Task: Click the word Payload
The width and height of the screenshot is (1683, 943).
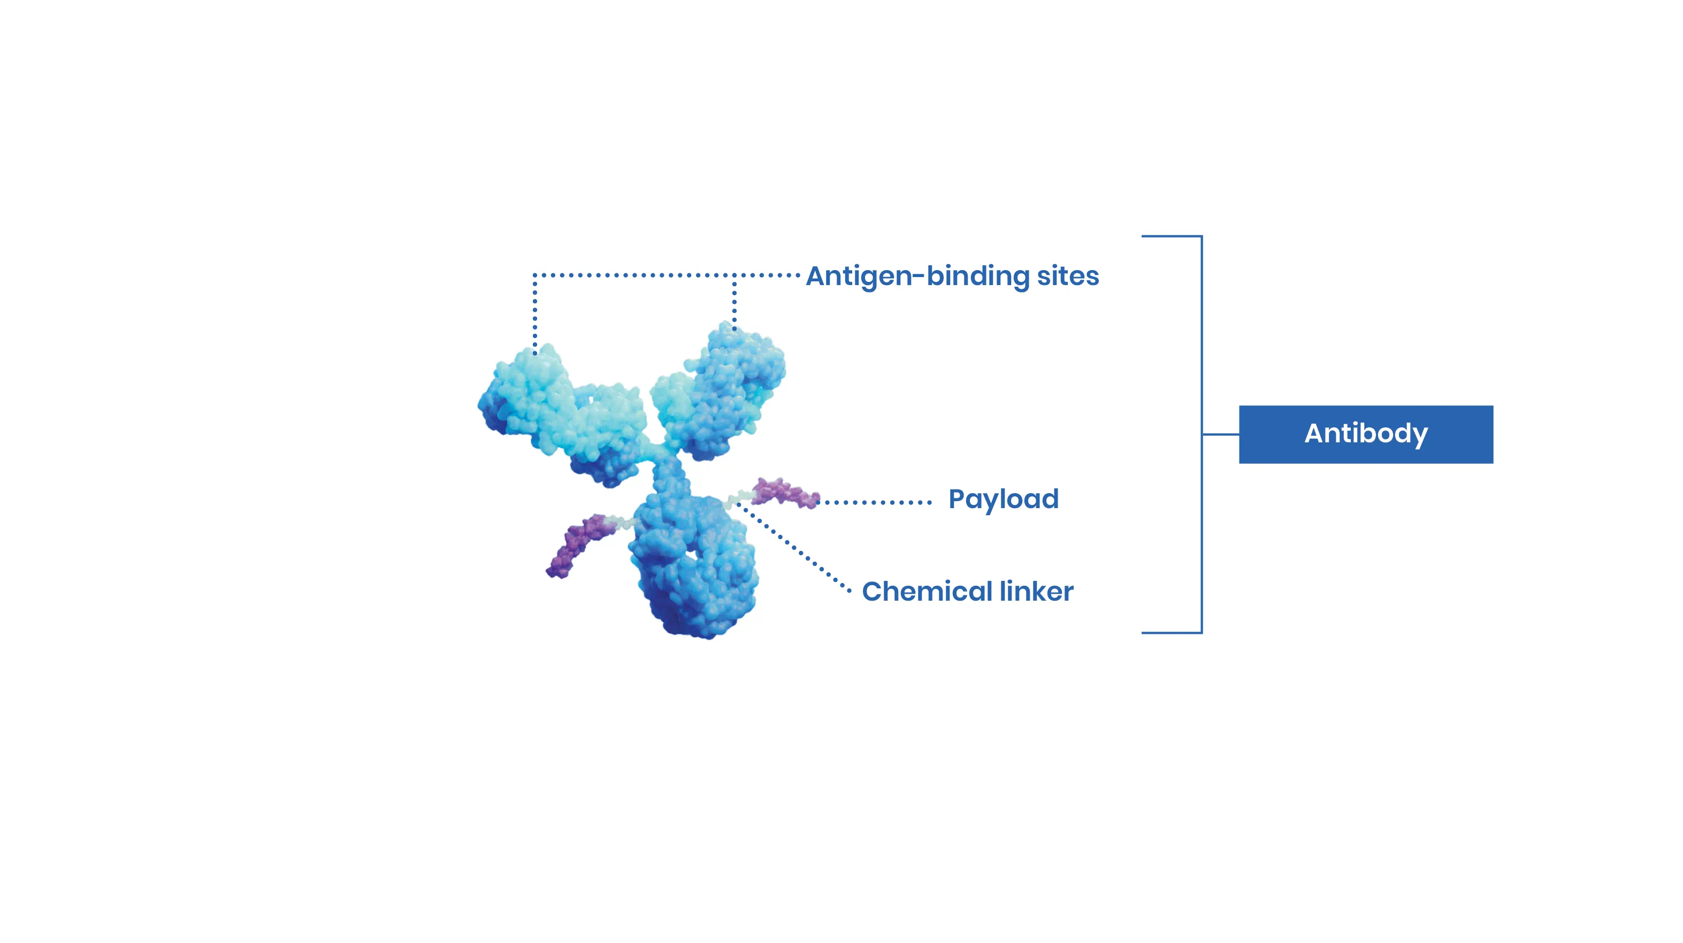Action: pyautogui.click(x=1004, y=500)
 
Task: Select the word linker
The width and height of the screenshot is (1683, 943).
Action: pyautogui.click(x=1037, y=592)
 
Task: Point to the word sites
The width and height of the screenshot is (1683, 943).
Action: pyautogui.click(x=1068, y=276)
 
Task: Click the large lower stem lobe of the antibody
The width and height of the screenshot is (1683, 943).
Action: pyautogui.click(x=694, y=565)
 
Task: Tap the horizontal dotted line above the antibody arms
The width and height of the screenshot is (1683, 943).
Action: pyautogui.click(x=667, y=275)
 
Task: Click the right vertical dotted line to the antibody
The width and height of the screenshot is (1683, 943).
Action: pyautogui.click(x=735, y=302)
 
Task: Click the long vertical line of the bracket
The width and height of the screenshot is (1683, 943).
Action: pyautogui.click(x=1202, y=434)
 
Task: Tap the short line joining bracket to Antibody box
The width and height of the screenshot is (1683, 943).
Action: pyautogui.click(x=1220, y=434)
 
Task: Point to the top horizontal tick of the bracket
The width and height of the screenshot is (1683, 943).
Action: pyautogui.click(x=1172, y=236)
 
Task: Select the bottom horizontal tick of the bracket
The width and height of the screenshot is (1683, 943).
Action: pyautogui.click(x=1172, y=632)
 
